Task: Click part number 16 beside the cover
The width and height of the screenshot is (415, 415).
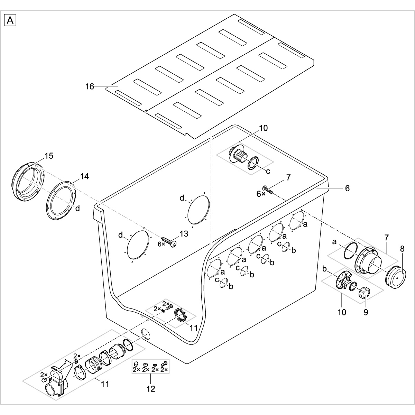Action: (90, 86)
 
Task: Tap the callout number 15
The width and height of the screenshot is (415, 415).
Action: (49, 156)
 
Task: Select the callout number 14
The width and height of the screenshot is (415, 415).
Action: (84, 177)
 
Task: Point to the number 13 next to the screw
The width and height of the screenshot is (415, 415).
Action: (184, 234)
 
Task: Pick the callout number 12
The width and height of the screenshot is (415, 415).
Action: (151, 389)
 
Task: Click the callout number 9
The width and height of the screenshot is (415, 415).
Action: (366, 312)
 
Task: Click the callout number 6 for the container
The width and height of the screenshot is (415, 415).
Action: (347, 188)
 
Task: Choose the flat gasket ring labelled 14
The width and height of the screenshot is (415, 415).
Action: (61, 200)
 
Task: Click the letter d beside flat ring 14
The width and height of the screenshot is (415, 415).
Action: (78, 208)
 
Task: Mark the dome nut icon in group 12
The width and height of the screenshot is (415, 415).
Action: (136, 363)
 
